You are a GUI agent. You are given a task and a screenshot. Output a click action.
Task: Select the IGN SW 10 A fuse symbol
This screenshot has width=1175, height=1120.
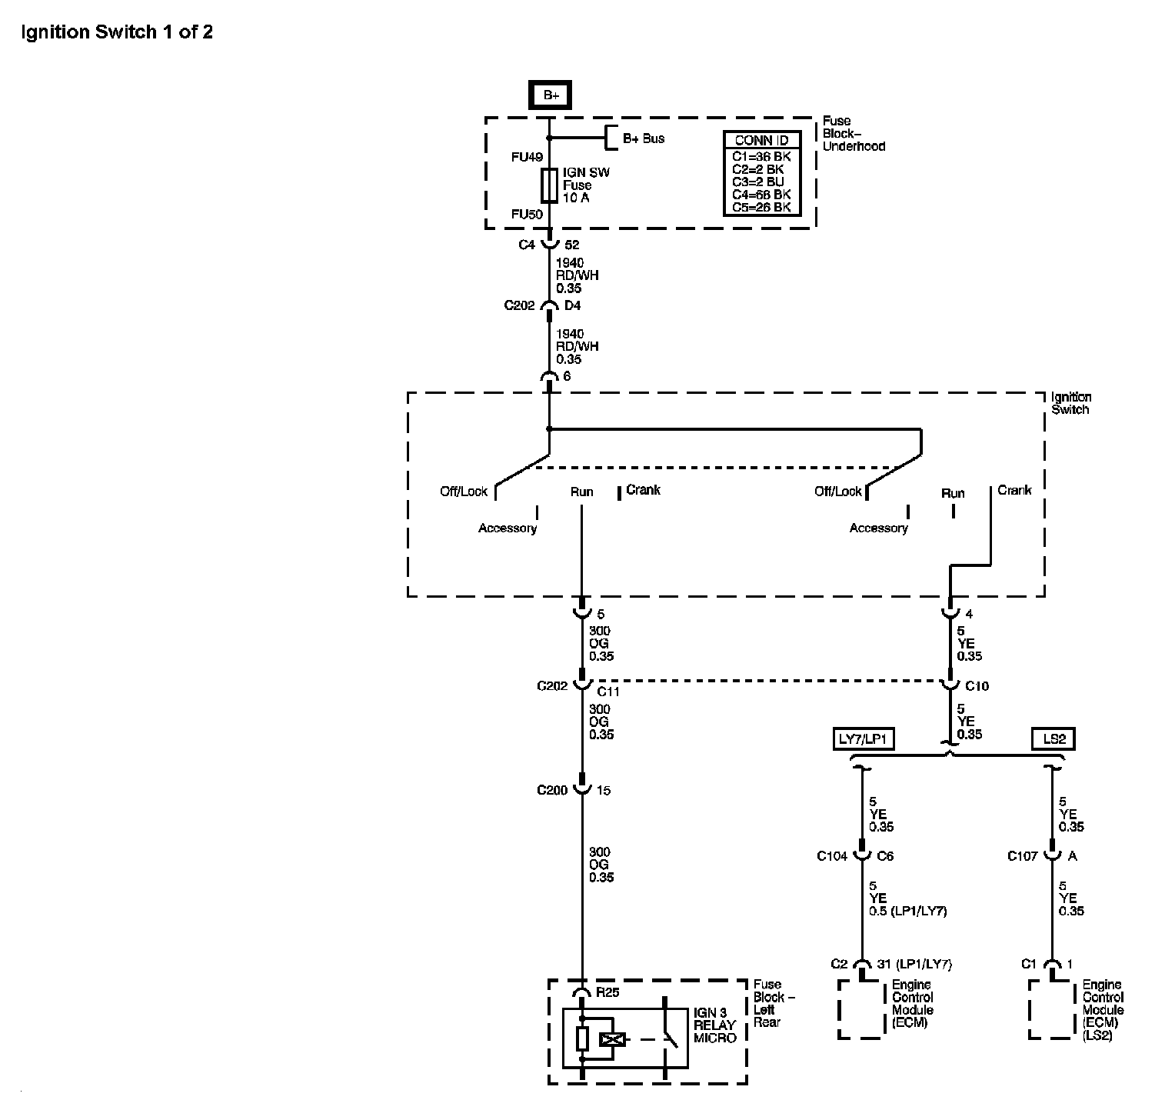pos(549,185)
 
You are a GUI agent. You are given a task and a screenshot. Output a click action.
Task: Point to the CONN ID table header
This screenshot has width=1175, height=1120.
pos(761,140)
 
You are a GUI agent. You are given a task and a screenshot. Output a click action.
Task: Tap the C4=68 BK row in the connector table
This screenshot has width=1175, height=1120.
pos(761,195)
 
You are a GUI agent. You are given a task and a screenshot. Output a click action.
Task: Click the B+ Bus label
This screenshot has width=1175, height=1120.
pos(644,138)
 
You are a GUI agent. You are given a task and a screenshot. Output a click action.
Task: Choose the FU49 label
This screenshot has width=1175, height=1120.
pos(528,157)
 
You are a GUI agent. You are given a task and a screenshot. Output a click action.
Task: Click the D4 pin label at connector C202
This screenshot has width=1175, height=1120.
pos(573,305)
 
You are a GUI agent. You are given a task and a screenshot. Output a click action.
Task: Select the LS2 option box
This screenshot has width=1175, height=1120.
pos(1054,739)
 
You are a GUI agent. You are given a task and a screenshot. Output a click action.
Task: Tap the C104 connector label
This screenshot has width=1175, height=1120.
pos(832,855)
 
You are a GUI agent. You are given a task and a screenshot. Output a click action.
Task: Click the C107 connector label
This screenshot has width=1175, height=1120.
pos(1024,855)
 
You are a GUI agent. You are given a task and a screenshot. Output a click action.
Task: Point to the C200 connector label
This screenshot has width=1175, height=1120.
pos(553,790)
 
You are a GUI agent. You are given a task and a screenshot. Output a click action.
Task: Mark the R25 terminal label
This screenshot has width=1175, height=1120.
pos(607,992)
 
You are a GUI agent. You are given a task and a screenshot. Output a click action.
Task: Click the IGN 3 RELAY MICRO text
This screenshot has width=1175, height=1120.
pos(715,1025)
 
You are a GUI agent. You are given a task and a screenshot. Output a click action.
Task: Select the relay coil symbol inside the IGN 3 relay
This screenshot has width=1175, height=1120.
pos(613,1040)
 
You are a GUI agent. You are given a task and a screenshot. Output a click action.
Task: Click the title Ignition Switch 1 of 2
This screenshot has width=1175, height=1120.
pos(117,32)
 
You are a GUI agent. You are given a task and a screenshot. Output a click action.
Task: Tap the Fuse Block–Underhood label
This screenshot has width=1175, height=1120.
pos(854,134)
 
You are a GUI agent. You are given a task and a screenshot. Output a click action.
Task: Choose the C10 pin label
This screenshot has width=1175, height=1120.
pos(977,686)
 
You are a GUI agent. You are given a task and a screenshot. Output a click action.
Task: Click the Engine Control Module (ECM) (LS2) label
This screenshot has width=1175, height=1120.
pos(1103,1010)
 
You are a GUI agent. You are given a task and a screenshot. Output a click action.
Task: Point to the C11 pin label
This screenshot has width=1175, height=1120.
pos(608,692)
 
